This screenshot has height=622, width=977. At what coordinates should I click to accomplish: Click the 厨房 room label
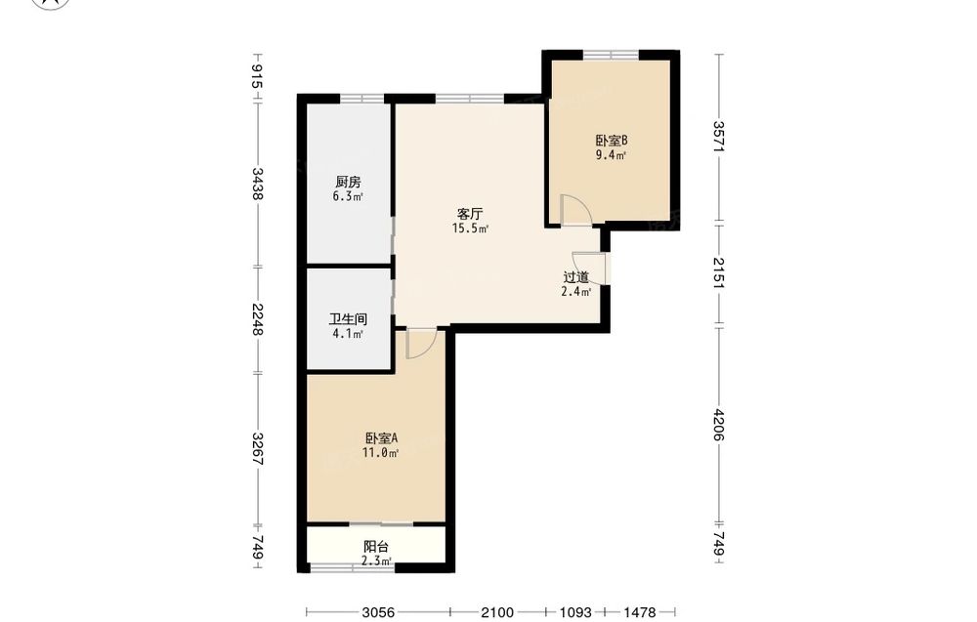tap(348, 183)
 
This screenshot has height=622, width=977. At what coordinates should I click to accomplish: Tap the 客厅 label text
tap(470, 214)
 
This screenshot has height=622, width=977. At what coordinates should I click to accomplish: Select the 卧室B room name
tap(612, 141)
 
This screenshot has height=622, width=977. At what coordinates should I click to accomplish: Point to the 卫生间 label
tap(348, 319)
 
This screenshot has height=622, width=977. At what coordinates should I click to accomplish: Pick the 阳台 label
tap(376, 547)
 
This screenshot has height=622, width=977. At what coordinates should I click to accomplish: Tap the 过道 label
tap(575, 277)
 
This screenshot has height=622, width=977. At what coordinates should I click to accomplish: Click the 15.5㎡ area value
tap(470, 228)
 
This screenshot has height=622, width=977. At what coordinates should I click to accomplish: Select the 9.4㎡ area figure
tap(611, 155)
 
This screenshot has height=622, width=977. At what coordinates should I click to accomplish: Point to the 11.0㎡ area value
tap(380, 453)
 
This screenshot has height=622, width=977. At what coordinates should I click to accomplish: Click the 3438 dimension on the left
tap(257, 183)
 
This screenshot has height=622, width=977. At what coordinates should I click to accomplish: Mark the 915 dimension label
tap(257, 76)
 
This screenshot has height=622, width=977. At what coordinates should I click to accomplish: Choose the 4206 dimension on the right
tap(719, 425)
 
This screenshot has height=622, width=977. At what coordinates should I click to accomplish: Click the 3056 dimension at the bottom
tap(378, 612)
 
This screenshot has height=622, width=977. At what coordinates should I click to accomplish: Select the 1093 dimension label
tap(574, 612)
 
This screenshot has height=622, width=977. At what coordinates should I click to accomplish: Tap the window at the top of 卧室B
tap(612, 55)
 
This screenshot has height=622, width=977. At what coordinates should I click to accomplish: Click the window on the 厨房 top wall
tap(362, 99)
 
